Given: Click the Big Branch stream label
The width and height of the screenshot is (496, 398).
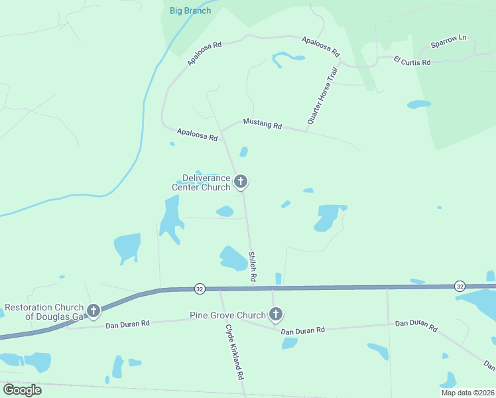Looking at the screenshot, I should click(190, 11).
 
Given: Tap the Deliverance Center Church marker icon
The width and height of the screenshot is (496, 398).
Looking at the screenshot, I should click(241, 181).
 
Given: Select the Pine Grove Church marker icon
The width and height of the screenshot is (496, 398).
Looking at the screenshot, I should click(275, 314).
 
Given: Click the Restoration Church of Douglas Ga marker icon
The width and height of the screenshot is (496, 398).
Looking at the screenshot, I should click(93, 310).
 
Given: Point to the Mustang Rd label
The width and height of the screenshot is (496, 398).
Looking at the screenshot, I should click(263, 124).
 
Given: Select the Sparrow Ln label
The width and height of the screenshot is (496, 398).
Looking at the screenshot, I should click(449, 41).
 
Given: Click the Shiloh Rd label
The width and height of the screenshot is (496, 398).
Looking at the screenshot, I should click(252, 266).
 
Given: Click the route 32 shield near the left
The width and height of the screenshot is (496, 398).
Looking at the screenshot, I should click(199, 289).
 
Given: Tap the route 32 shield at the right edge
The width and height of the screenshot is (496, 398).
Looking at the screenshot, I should click(460, 286).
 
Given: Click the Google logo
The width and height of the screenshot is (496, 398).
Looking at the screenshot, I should click(22, 390).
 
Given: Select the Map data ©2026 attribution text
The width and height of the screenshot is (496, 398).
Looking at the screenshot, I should click(467, 392).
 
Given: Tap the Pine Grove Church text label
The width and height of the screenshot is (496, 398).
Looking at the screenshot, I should click(227, 315).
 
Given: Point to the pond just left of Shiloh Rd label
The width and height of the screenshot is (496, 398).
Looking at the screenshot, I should click(233, 258).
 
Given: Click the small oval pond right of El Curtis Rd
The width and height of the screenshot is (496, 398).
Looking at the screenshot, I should click(418, 104).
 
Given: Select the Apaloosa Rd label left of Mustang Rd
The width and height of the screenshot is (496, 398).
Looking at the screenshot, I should click(197, 134).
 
